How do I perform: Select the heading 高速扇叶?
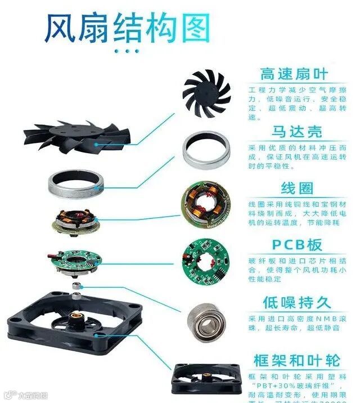click(x=293, y=74)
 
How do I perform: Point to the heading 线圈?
click(x=297, y=188)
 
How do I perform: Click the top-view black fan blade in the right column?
click(x=206, y=94)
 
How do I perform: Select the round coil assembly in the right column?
click(x=205, y=205)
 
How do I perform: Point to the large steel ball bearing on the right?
click(x=204, y=320)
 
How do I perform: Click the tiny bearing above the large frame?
click(x=75, y=287)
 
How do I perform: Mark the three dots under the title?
click(x=126, y=51)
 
